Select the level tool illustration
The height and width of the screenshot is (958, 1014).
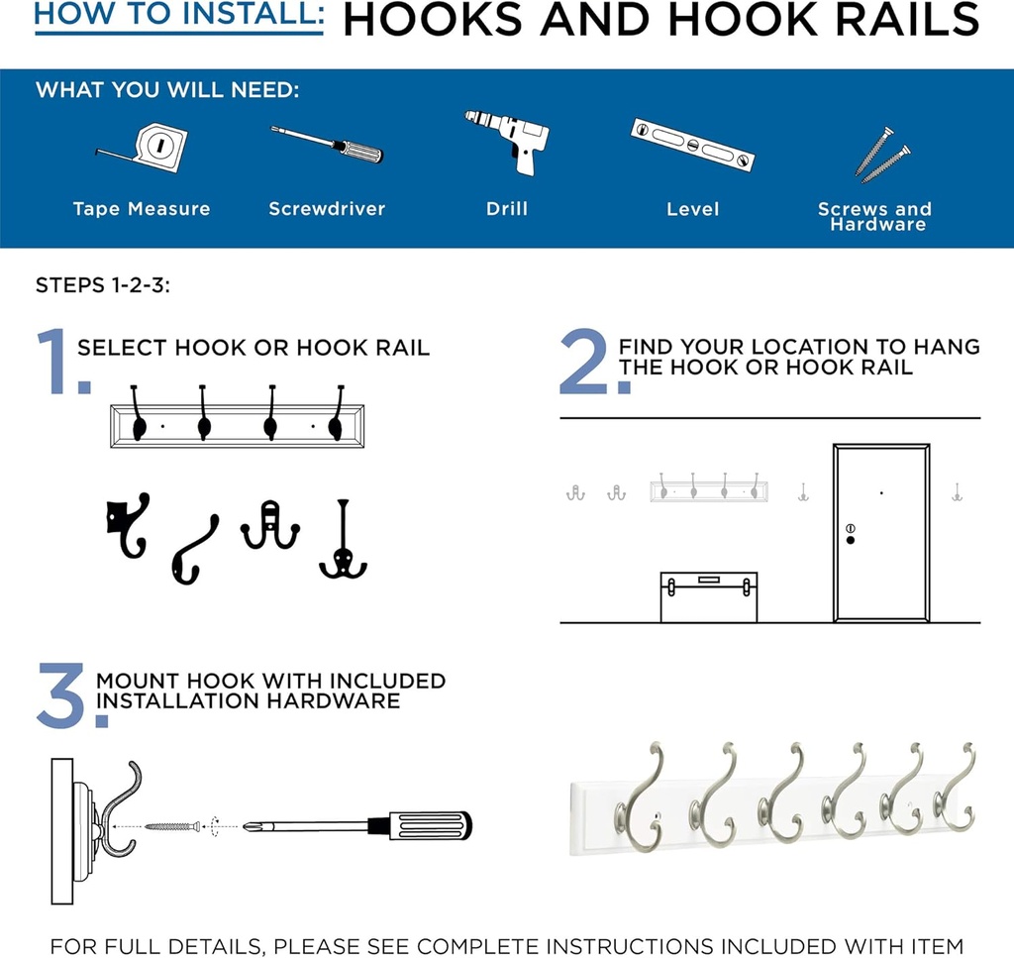[x=692, y=144]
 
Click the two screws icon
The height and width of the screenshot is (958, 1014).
[x=881, y=155]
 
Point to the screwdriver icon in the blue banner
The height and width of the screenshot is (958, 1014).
[x=326, y=144]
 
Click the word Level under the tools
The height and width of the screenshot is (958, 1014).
[x=692, y=209]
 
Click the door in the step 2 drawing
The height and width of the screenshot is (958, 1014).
[x=880, y=533]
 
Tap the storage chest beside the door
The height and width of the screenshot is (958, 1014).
[x=708, y=597]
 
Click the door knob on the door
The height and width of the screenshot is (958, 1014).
[x=850, y=539]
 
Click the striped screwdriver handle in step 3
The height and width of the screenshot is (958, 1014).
[x=428, y=825]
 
